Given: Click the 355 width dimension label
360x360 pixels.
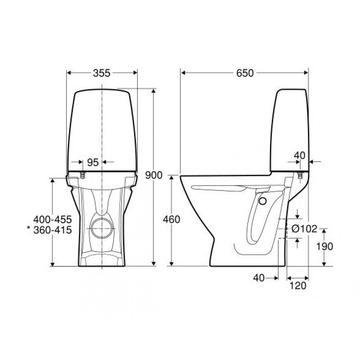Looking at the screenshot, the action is point(102,73).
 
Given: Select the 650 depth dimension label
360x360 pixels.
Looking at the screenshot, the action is point(245,73).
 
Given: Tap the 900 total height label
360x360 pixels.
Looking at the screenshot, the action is point(154,175).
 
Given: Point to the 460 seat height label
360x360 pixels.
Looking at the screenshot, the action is point(171,220).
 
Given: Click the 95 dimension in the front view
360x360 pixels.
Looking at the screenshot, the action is point(93,162).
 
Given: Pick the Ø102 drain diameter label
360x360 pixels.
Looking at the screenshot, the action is point(305,229).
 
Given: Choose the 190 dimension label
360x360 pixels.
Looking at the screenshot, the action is point(324,246).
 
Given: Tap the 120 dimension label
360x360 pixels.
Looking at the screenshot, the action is point(298,286).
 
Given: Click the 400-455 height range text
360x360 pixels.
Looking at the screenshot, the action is point(53,220).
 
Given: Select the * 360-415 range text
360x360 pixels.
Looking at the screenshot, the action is point(49,230).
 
